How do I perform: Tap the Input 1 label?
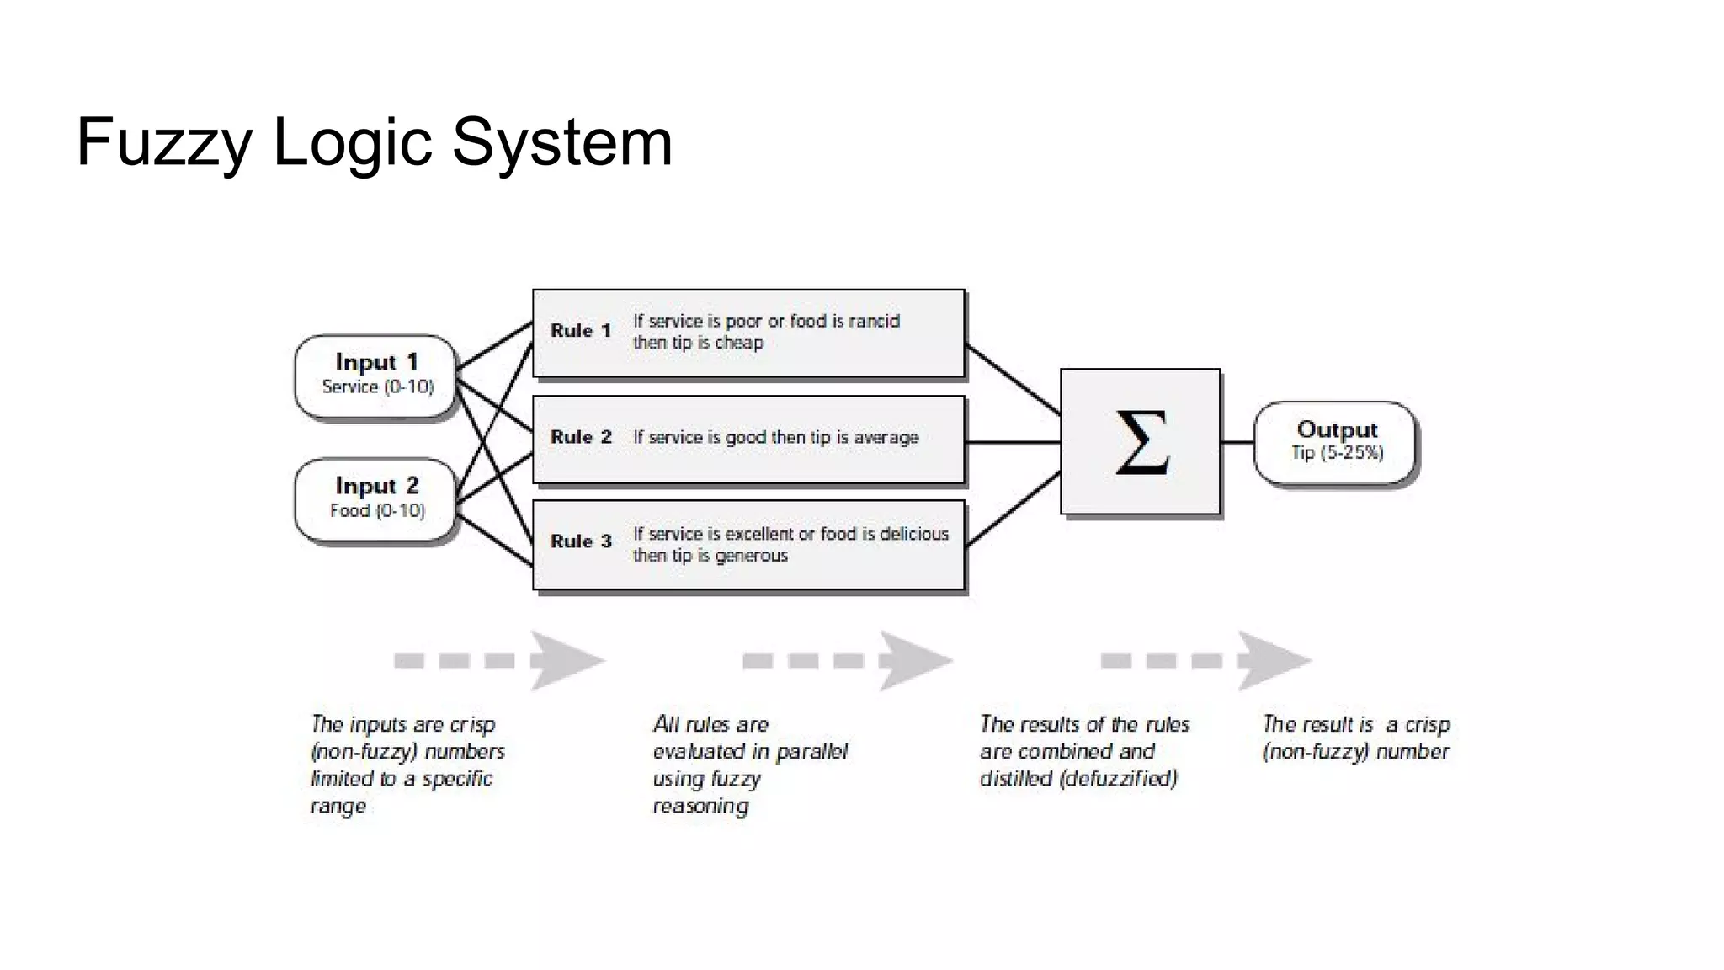click(x=376, y=362)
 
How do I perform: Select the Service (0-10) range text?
click(x=377, y=387)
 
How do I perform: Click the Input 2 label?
click(x=376, y=486)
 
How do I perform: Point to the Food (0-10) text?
click(x=377, y=511)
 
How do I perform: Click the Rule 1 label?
click(x=581, y=331)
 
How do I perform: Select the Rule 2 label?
click(x=581, y=437)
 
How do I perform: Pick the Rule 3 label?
click(x=581, y=541)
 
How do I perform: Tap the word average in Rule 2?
click(x=886, y=438)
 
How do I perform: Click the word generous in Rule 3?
click(x=751, y=556)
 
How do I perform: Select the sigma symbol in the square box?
click(x=1141, y=442)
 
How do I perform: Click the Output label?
click(x=1337, y=430)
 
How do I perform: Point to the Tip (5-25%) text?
click(x=1337, y=453)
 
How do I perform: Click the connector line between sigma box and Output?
click(x=1237, y=442)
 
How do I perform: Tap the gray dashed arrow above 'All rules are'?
click(x=846, y=661)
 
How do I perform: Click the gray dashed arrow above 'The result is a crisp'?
click(x=1205, y=661)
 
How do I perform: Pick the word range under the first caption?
click(x=338, y=807)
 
